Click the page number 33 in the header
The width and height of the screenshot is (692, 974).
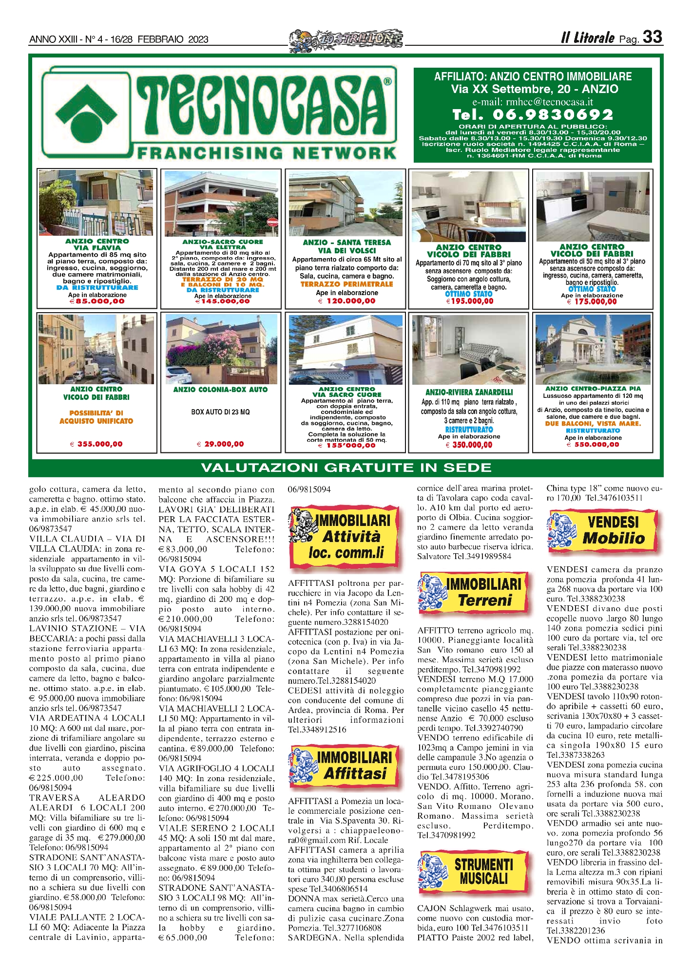coord(653,37)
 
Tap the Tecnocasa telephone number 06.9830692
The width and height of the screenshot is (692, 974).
coord(533,115)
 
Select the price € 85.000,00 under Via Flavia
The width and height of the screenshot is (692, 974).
coord(97,301)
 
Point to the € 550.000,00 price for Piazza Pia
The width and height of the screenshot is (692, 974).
coord(593,444)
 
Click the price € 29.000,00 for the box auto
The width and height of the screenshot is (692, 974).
coord(220,444)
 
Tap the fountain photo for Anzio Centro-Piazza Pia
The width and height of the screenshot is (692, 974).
coord(593,350)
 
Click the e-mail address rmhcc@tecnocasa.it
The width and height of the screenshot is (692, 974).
coord(533,102)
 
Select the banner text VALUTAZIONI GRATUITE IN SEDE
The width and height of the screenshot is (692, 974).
coord(346,468)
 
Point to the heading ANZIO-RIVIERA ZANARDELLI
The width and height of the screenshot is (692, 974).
coord(469,392)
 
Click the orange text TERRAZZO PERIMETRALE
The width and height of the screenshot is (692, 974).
coord(346,284)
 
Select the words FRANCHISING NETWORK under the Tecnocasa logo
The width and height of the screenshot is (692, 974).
coord(267,152)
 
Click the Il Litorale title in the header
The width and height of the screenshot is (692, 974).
coord(587,38)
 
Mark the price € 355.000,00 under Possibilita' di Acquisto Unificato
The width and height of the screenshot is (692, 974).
coord(96,444)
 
